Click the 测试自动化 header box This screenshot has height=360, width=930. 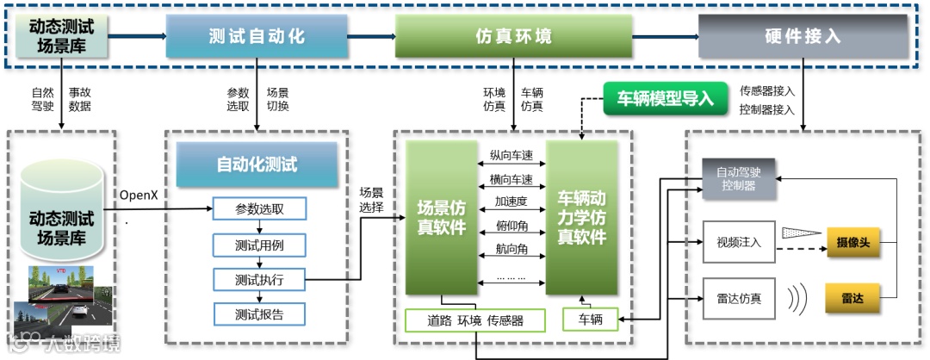point(257,36)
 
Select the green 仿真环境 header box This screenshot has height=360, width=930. point(513,36)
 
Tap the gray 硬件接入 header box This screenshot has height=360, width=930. point(802,36)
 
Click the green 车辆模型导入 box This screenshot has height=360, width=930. point(666,98)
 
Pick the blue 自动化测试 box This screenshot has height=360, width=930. point(257,164)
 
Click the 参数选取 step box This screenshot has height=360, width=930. point(259,209)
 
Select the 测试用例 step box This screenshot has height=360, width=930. point(259,245)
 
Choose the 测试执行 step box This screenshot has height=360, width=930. point(259,279)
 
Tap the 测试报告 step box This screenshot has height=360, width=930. point(259,313)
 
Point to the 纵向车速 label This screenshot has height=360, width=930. point(512,157)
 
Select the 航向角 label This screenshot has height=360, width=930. point(512,250)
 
